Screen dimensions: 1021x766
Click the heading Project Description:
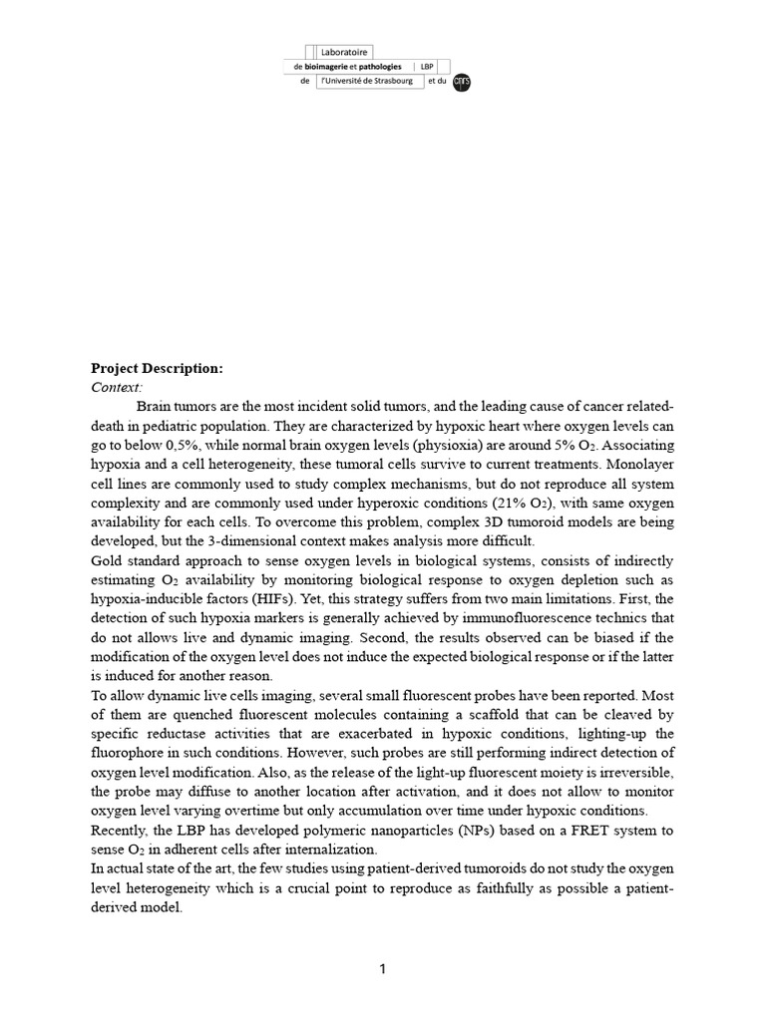click(157, 369)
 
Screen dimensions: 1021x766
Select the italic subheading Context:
click(117, 387)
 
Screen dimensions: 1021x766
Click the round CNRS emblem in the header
click(461, 83)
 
